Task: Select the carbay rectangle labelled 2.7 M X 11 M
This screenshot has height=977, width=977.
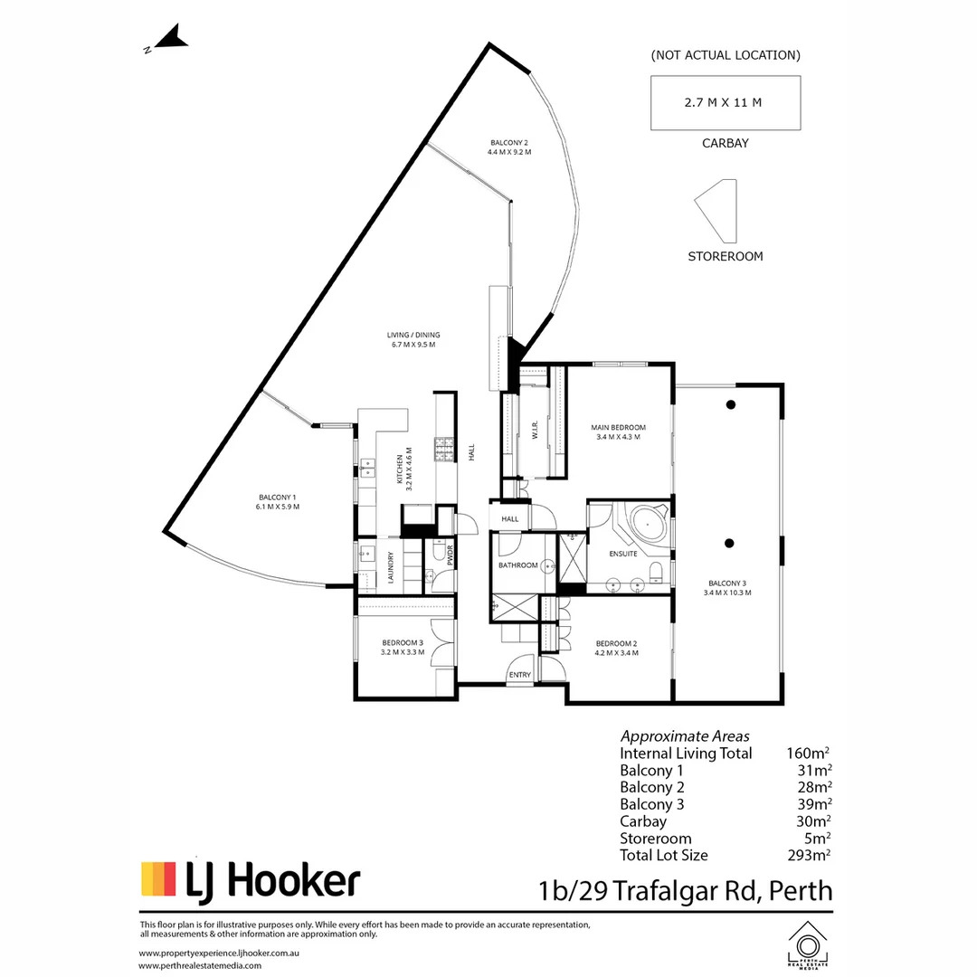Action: (726, 102)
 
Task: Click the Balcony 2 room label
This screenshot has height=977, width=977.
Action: (508, 147)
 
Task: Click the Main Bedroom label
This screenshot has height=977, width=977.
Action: (619, 432)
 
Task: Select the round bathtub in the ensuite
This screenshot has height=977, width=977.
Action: (648, 525)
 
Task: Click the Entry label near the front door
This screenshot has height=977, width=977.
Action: (519, 675)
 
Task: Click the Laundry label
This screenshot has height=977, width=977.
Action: (391, 568)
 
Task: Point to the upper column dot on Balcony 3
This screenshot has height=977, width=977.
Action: (730, 404)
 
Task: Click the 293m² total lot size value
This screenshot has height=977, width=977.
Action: (811, 855)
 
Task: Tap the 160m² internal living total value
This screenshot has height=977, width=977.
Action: (809, 754)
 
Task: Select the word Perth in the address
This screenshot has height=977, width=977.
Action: (801, 890)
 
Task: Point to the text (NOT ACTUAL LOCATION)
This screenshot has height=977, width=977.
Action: (726, 55)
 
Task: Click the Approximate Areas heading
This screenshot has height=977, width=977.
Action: (685, 736)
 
